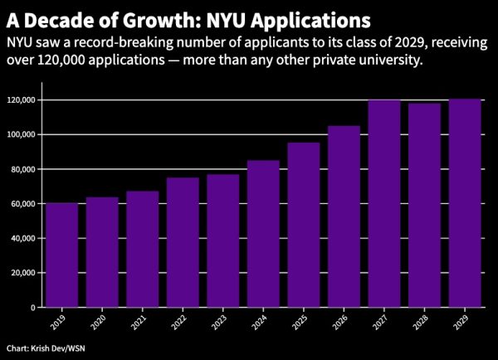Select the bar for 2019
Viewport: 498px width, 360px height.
[x=61, y=255]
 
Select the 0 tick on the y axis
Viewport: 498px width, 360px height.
[x=33, y=307]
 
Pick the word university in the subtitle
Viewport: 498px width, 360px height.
[x=388, y=61]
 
